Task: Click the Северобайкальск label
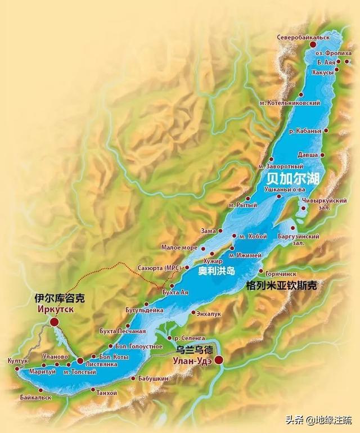[x=303, y=37]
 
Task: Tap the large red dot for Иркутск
[x=54, y=322]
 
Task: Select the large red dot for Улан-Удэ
[x=218, y=360]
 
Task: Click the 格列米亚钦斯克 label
[x=281, y=286]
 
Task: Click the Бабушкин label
[x=152, y=379]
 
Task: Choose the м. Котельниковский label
[x=290, y=103]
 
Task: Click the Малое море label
[x=179, y=247]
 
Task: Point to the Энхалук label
[x=209, y=313]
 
